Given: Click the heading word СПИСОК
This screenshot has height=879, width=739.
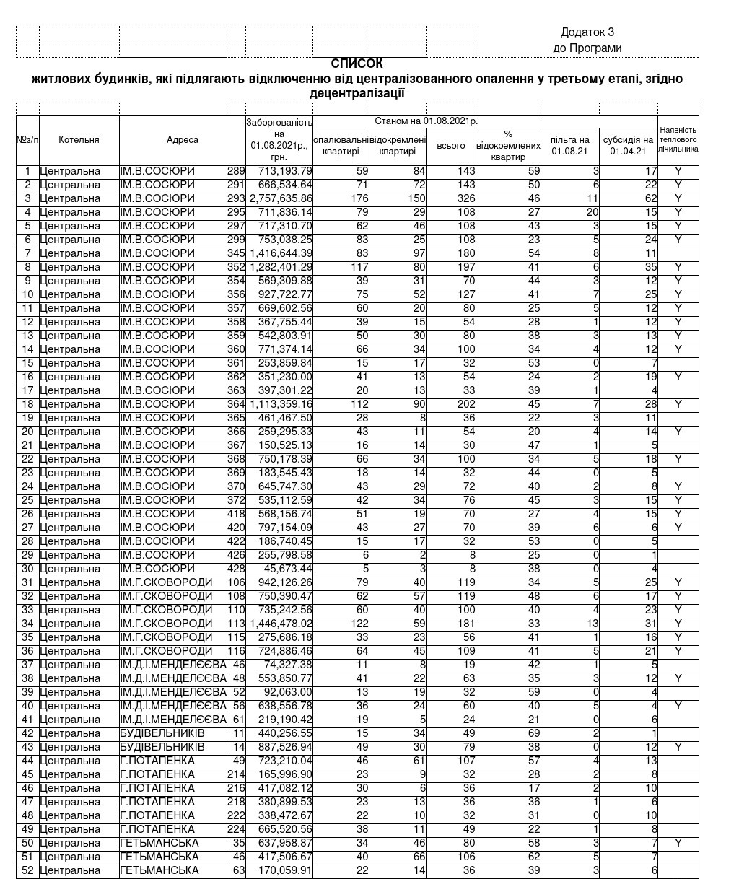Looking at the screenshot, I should tap(357, 64).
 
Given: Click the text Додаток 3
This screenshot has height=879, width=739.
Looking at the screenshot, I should tap(587, 32).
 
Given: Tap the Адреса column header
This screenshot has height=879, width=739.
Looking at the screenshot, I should tap(182, 140).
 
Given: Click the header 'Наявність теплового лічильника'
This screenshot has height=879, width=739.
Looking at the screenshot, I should tap(678, 140).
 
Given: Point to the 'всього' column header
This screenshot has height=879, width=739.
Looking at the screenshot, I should tap(451, 146).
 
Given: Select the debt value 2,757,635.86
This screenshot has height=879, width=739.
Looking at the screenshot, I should tap(281, 198).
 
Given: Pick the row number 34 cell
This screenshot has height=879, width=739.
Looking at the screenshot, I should tap(27, 624).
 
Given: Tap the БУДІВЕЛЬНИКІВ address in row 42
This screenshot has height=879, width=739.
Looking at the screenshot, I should tap(162, 733).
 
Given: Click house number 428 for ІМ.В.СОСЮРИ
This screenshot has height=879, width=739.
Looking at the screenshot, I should tap(236, 569).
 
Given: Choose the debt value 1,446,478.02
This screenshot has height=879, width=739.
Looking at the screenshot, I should tap(281, 624).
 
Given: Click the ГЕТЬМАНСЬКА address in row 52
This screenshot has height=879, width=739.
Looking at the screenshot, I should tap(159, 870).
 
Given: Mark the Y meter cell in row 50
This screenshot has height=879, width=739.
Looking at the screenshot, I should tap(678, 843).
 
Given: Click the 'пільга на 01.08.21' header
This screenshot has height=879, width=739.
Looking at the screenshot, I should tap(569, 146).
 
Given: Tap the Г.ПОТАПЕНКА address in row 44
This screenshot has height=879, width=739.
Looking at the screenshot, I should tap(157, 761).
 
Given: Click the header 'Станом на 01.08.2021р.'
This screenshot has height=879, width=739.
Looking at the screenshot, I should tap(426, 121).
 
